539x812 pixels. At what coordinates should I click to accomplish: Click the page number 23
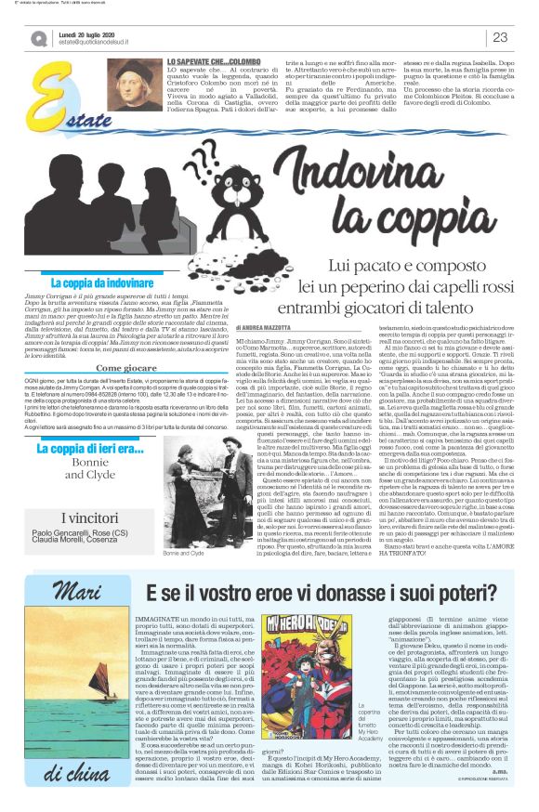tap(499, 37)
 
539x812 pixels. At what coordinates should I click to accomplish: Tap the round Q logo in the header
tap(38, 38)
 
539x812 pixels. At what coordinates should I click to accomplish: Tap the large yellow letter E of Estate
tap(28, 98)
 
